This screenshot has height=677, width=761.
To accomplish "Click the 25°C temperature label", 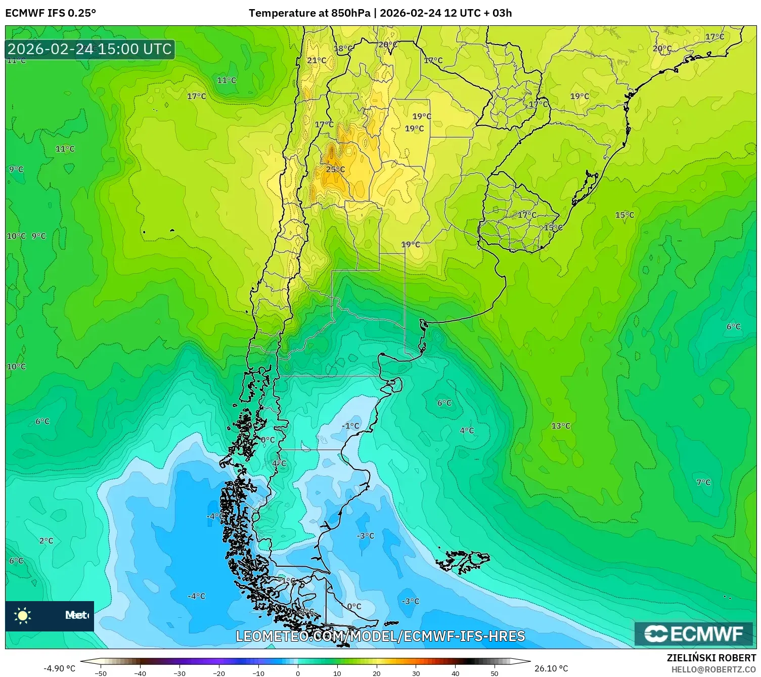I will point(335,169).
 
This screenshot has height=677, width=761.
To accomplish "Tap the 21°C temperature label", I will point(317,60).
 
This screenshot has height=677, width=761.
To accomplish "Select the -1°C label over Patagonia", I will point(350,426).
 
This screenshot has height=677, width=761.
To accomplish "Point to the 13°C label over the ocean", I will point(561,426).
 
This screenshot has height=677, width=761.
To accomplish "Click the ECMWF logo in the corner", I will point(694,633).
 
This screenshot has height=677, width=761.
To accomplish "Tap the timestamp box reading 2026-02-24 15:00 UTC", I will point(90,49).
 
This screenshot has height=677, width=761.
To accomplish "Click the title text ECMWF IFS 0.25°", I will point(51,13).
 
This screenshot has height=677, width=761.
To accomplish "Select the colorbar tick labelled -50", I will point(101,673).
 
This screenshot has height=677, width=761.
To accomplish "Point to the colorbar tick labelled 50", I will point(494,673).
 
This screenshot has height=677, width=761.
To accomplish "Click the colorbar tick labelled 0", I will point(297,673).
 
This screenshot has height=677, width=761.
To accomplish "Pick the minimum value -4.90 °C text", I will point(59,668).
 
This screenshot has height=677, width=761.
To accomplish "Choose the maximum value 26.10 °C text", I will point(551,668).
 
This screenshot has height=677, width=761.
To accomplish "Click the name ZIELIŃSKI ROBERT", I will point(711,658).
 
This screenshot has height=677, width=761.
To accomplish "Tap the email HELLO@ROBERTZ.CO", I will point(713,669).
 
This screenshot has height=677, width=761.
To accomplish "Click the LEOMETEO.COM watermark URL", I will point(380,636).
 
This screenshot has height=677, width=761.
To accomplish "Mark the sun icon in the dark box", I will point(23,615).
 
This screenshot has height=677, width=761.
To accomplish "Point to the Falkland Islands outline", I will point(463,561).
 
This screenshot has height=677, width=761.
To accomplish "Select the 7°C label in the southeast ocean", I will point(703,482).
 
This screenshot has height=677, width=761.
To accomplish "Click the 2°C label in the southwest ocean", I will point(46,540).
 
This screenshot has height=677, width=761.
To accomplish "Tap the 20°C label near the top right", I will point(662,49).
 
